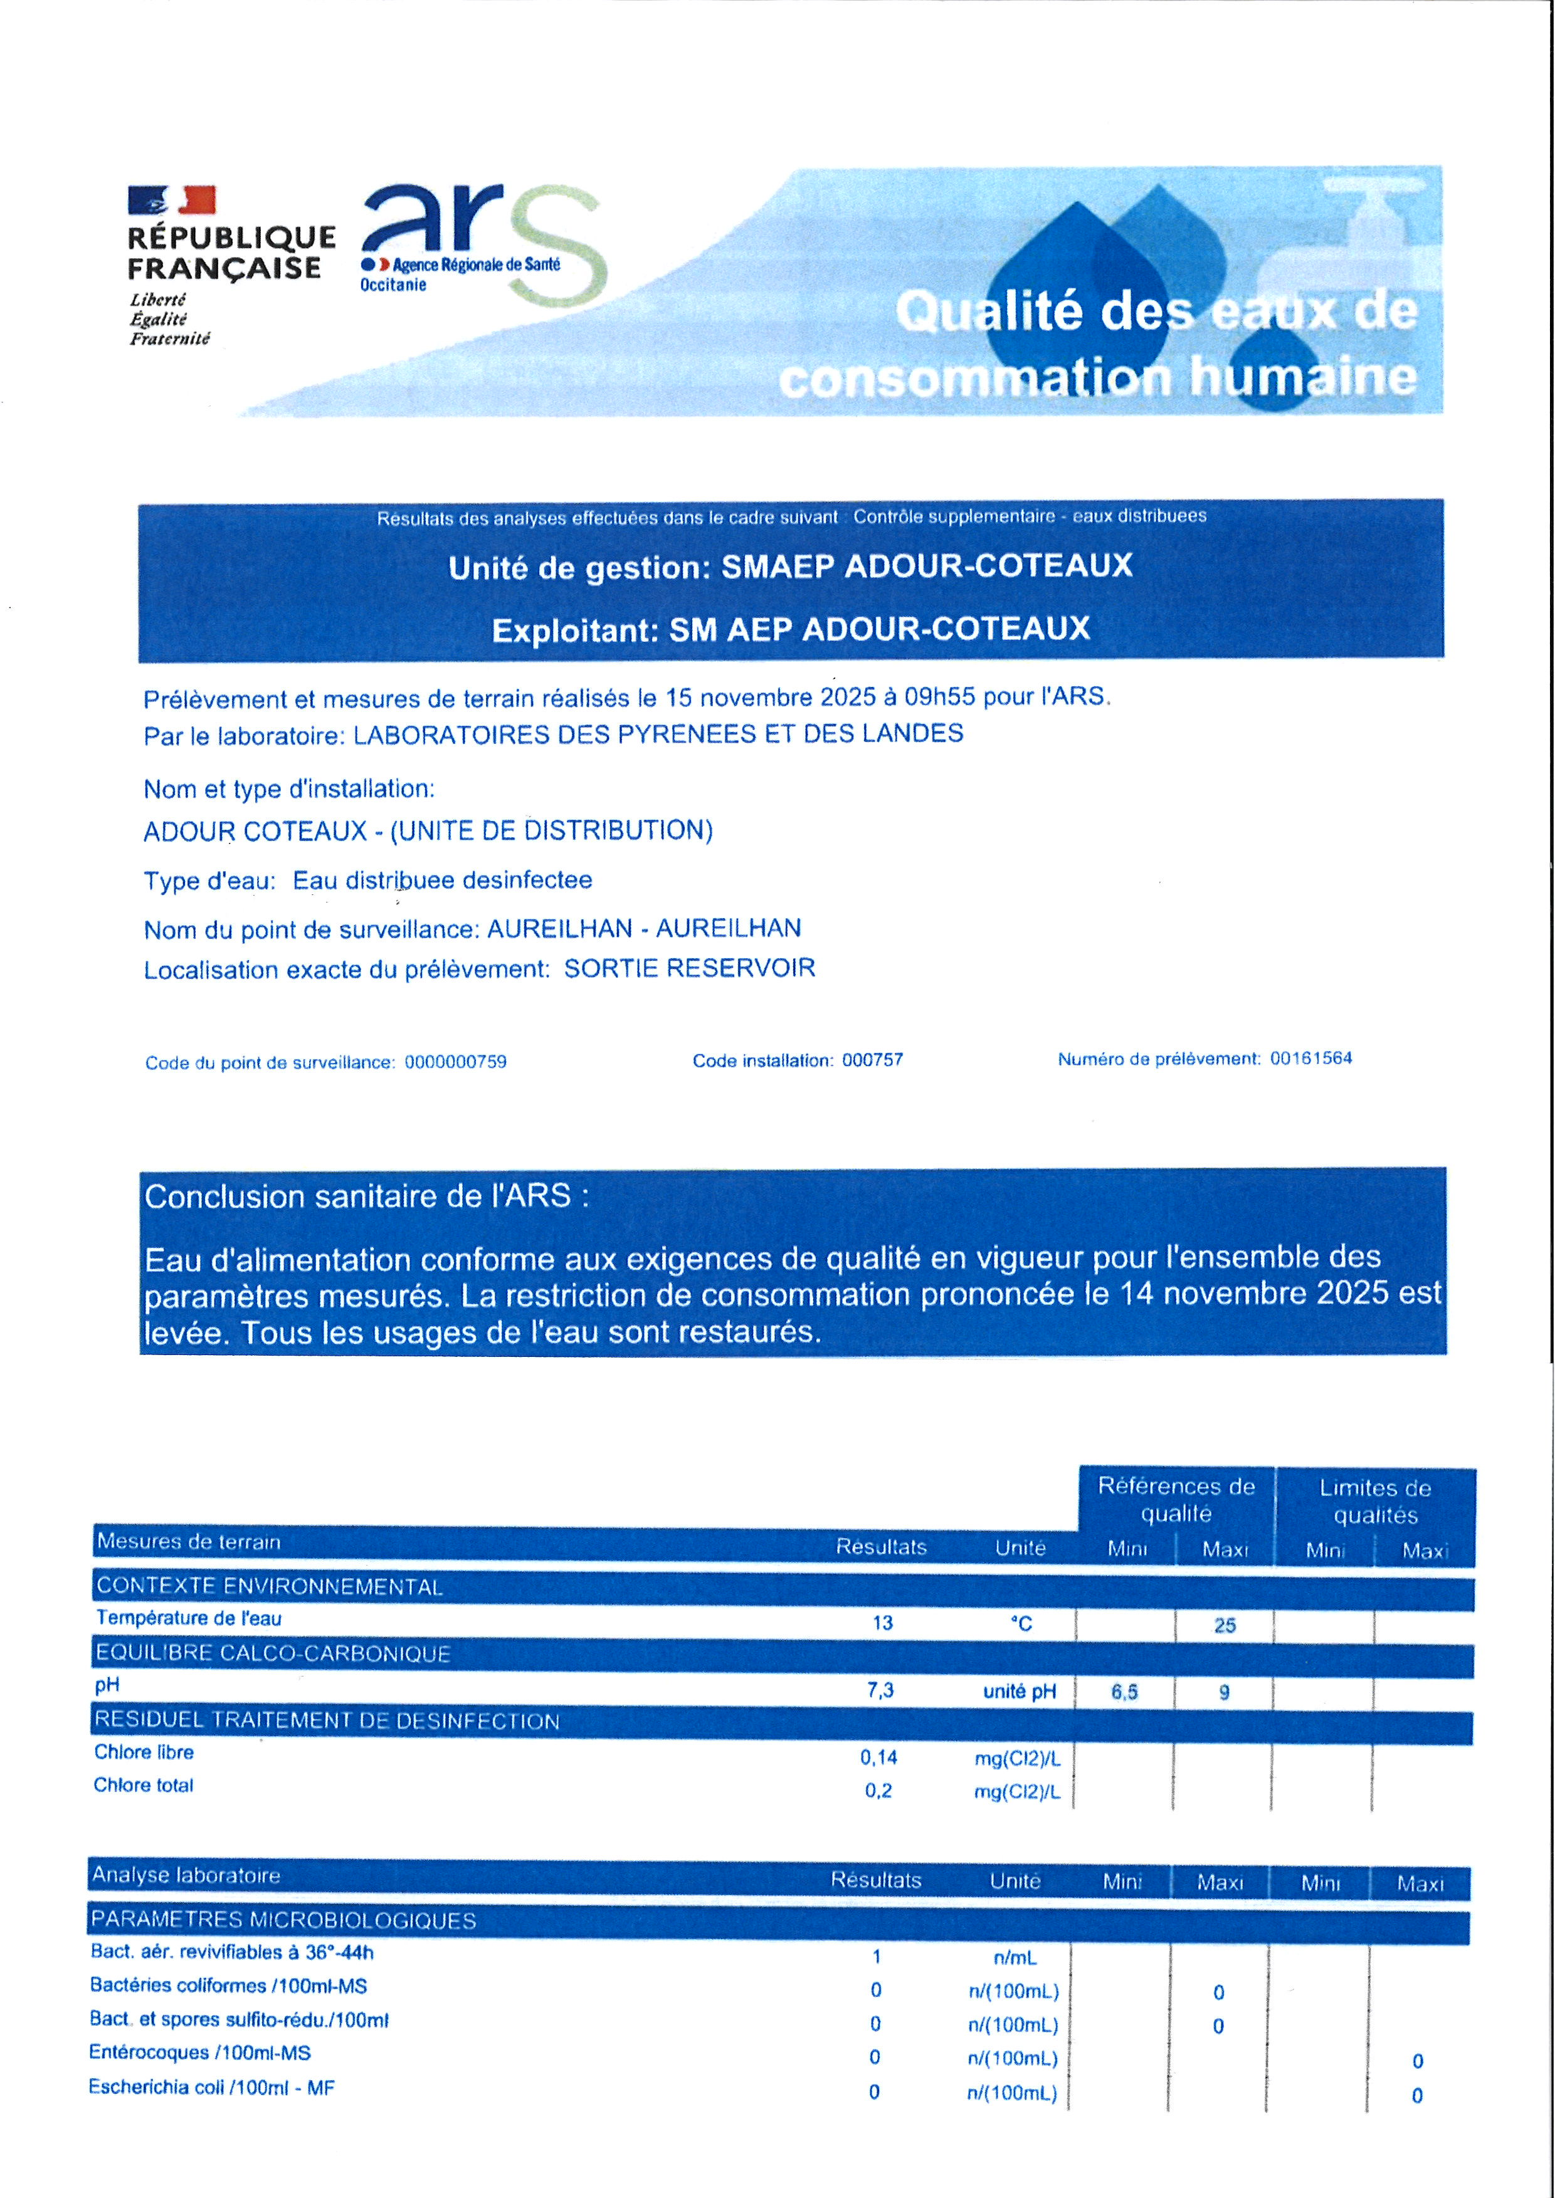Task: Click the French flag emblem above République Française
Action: coord(172,200)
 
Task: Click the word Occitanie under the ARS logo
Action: coord(393,285)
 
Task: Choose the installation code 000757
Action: coord(872,1060)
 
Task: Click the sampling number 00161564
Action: coord(1311,1058)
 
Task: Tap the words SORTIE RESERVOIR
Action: coord(690,968)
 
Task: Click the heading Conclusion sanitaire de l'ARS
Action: coord(367,1196)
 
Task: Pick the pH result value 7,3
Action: coord(880,1690)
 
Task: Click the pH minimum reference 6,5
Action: coord(1124,1692)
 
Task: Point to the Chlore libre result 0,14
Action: coord(878,1757)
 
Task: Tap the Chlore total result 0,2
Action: coord(878,1790)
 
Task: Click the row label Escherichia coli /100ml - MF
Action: coord(211,2087)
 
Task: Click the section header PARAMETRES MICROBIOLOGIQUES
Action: coord(283,1920)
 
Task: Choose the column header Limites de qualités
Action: coord(1375,1501)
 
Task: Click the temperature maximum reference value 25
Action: coord(1225,1625)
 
